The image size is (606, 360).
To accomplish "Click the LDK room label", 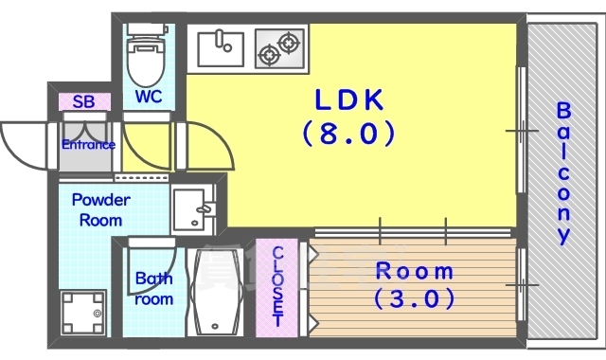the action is point(348,98).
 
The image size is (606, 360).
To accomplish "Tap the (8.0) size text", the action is point(348,133).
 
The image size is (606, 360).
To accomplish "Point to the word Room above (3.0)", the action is point(415,271).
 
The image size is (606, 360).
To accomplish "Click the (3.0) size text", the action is point(415,300).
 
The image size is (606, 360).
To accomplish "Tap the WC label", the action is point(148,97).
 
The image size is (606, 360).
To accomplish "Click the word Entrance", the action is point(88,145).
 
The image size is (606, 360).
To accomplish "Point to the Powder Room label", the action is point(101,209).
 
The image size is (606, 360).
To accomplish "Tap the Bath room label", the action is point(153,289).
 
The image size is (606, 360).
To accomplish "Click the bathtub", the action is point(217,291).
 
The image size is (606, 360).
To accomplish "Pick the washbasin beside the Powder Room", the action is point(195,210).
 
